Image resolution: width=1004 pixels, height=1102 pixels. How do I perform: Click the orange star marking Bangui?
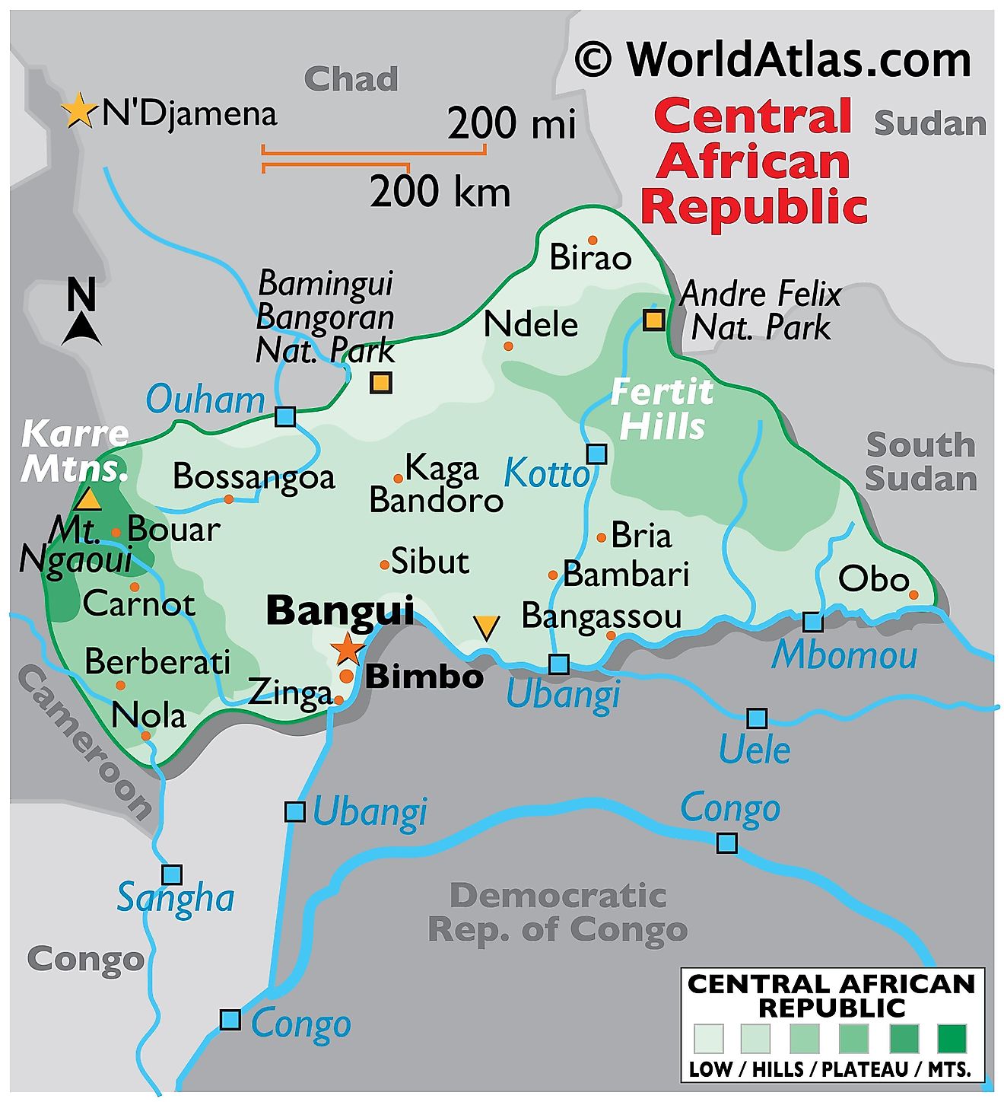click(348, 648)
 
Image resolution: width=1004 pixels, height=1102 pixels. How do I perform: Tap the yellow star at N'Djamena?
click(78, 111)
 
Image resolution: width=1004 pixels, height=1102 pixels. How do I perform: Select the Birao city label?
click(590, 257)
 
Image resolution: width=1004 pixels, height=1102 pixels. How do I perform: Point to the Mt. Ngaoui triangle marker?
click(88, 499)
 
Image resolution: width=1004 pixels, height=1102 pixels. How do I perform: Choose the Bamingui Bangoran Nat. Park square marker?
click(381, 382)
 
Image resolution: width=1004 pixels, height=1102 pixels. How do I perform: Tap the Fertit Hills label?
click(662, 409)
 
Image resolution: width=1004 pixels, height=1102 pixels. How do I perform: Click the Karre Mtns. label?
click(75, 451)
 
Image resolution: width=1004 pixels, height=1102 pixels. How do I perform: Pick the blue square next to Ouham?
click(285, 416)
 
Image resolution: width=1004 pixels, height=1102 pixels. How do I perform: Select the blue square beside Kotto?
click(597, 454)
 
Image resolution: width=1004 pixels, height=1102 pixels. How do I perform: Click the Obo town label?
click(873, 580)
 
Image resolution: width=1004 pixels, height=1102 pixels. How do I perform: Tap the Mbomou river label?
click(844, 656)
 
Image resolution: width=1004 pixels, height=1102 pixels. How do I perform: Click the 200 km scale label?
click(440, 191)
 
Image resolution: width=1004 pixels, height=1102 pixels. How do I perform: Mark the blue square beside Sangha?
click(172, 874)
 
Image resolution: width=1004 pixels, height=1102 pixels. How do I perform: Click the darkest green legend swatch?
click(951, 1037)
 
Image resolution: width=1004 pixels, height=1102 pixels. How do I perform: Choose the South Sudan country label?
click(920, 462)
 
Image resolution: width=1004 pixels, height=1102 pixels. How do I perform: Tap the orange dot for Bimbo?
click(347, 676)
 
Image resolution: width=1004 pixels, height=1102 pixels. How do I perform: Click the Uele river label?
click(755, 750)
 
